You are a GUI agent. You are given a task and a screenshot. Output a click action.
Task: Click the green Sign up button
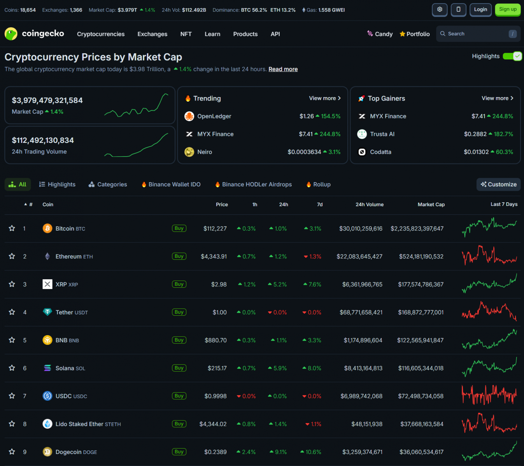[508, 10]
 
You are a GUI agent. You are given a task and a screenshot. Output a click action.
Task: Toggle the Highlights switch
[512, 56]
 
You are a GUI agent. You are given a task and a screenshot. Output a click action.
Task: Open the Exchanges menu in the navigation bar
[152, 34]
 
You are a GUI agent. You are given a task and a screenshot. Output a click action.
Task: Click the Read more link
[283, 69]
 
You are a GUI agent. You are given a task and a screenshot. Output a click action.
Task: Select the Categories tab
[108, 184]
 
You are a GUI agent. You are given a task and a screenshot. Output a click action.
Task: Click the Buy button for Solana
[179, 368]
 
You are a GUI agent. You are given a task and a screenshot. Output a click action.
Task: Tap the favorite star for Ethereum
[12, 256]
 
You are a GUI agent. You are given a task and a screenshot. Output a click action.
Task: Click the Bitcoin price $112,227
[215, 229]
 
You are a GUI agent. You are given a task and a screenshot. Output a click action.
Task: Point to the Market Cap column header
[431, 205]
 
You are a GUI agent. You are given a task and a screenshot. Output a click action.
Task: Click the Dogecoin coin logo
[47, 452]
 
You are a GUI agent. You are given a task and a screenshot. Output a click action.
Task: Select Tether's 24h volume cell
[361, 312]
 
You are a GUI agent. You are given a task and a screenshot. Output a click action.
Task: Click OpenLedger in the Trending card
[214, 116]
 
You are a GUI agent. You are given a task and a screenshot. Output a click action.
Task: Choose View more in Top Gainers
[497, 98]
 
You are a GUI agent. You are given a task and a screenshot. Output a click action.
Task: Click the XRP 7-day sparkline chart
[489, 284]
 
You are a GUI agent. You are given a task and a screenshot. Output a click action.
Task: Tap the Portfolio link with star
[415, 34]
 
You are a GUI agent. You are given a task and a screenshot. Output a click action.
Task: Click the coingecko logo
[34, 34]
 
